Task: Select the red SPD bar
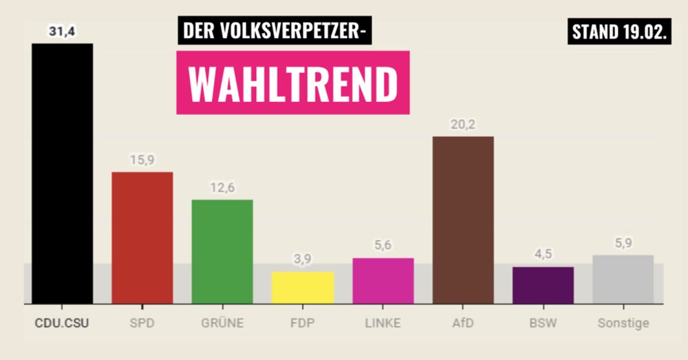point(142,237)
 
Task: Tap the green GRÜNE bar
point(222,251)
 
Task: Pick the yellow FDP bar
point(303,287)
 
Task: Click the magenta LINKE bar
point(383,281)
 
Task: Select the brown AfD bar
point(463,220)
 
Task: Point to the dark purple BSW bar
point(543,285)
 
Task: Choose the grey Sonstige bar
point(623,279)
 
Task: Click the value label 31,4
point(61,31)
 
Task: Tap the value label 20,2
point(463,125)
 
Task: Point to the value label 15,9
point(142,160)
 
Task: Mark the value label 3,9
point(303,260)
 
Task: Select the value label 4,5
point(543,255)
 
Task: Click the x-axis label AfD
point(463,322)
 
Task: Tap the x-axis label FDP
point(303,322)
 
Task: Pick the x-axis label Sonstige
point(623,322)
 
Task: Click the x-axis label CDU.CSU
point(61,322)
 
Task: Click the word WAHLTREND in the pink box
point(293,83)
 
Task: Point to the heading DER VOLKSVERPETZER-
point(275,31)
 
